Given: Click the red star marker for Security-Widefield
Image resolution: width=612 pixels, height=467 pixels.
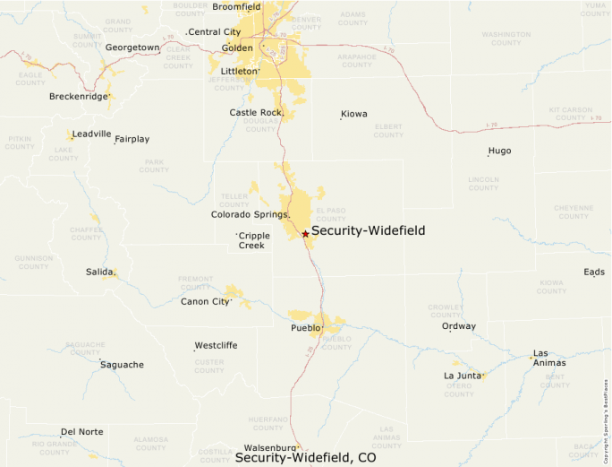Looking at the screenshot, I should pos(305,234).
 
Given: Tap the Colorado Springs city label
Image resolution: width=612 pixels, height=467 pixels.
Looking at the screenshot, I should pos(250,215).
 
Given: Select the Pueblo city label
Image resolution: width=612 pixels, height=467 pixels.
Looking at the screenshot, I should pos(305,328).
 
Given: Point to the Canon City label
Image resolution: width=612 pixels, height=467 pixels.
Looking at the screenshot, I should pos(205,301).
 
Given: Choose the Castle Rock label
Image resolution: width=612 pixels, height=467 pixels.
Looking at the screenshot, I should pos(255,113).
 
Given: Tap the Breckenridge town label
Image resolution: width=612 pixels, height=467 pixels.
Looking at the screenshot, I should pos(78,96).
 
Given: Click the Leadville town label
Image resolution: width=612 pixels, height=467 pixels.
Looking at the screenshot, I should pos(92,134).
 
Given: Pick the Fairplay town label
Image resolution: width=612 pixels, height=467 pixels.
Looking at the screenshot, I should pos(132,139).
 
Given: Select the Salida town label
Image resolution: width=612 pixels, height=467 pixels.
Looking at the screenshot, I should pos(99,272).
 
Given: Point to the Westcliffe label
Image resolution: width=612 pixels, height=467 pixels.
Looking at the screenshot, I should pos(216,345).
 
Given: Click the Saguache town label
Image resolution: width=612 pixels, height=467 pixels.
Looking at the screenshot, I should pos(122,365).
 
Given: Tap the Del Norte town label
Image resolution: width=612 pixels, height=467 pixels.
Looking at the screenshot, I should pos(81,432).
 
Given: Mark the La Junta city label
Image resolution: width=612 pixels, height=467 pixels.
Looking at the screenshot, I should pos(463,375).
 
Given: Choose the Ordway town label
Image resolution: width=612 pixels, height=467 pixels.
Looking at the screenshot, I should pos(459,326).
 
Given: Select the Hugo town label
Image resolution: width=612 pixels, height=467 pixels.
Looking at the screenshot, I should pos(499,151).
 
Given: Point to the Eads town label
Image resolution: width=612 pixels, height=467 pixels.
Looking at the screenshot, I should pos(594,272).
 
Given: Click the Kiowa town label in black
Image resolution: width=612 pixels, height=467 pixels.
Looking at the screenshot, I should pos(354,114).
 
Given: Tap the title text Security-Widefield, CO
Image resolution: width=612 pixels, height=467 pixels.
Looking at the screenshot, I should pos(305,457).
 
